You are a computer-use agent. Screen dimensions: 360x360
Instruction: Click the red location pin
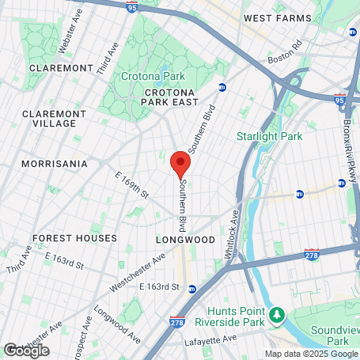[x=180, y=162]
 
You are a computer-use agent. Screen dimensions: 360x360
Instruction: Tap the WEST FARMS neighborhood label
[x=274, y=17]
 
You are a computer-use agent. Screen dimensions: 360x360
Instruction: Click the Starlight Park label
[x=269, y=136]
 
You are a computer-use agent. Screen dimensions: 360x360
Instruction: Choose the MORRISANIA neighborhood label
[x=54, y=164]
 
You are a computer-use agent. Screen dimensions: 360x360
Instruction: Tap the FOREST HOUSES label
[x=74, y=237]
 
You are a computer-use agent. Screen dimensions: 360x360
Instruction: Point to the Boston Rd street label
[x=286, y=56]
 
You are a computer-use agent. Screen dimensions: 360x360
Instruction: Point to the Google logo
[x=25, y=350]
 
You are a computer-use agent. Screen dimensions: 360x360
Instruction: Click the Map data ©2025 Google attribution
[x=311, y=354]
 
